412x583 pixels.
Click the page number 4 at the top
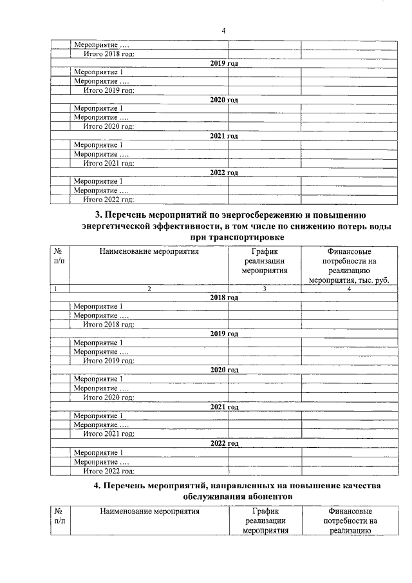(x=223, y=30)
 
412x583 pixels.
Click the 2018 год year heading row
(x=223, y=298)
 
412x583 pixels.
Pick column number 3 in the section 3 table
(x=264, y=289)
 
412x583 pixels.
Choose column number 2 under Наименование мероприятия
(x=149, y=289)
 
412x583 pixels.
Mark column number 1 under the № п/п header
(x=56, y=289)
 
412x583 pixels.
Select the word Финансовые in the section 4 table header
(x=349, y=511)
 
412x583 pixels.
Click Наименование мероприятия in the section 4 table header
(x=149, y=511)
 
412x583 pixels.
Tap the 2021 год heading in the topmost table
(x=223, y=136)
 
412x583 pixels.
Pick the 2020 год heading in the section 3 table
(x=223, y=370)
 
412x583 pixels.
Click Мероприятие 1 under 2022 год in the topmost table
(x=98, y=181)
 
